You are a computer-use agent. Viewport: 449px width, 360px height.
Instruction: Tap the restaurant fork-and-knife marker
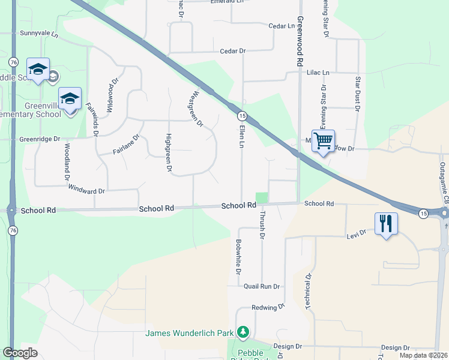pos(387,224)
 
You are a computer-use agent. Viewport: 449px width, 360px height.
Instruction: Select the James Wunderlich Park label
pos(191,333)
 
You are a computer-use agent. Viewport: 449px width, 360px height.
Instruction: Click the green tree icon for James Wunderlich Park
pos(243,332)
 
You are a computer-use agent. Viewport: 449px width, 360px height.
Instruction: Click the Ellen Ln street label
pos(241,137)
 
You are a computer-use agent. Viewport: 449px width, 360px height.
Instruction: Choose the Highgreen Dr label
pos(169,154)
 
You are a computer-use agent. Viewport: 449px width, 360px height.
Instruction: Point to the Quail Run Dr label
pos(262,287)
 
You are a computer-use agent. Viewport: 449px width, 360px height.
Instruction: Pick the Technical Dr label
pos(307,292)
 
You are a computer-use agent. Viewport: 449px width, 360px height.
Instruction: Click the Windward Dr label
pos(86,191)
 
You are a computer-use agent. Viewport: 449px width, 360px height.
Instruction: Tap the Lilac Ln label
pos(318,73)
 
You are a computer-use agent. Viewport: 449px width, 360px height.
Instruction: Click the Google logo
pos(20,353)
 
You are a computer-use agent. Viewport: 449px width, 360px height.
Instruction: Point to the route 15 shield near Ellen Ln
pos(241,115)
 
